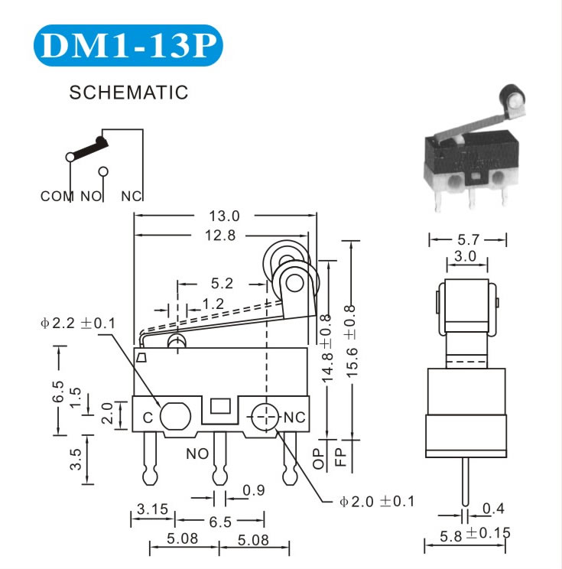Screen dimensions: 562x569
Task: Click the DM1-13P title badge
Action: [128, 45]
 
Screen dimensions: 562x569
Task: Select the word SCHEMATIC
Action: [128, 93]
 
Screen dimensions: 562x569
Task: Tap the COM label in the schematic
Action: [57, 197]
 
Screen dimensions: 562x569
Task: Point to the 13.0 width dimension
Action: [224, 216]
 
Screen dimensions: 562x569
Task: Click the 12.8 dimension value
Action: [220, 236]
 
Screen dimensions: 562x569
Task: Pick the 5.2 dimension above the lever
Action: [222, 284]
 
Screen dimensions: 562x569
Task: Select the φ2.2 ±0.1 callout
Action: [78, 323]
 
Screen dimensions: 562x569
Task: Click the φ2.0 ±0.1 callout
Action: [377, 502]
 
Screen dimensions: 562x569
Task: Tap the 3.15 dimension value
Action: [152, 509]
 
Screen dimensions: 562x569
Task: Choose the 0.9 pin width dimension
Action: [254, 490]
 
